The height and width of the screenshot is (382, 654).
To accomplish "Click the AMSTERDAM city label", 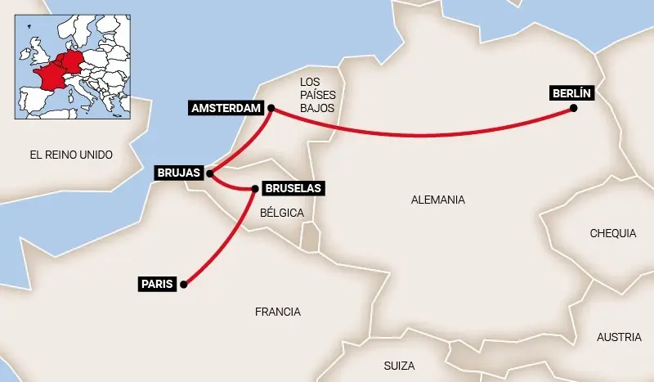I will tap(225, 108).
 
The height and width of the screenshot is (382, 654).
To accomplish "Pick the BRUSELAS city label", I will tap(293, 188).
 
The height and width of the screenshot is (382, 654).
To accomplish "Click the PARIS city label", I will tap(157, 285).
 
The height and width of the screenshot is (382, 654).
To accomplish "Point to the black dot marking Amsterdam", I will tap(271, 108).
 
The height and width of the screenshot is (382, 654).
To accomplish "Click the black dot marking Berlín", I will tap(574, 108).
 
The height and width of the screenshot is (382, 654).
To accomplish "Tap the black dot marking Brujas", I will tap(210, 173).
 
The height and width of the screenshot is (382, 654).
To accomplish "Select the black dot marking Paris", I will tap(184, 285).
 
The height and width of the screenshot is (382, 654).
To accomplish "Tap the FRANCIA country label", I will tap(278, 312).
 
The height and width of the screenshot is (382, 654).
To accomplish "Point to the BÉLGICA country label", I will tap(281, 213).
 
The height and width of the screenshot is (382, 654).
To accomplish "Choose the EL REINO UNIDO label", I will tap(70, 155).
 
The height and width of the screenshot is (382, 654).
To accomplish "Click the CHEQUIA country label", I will tap(613, 233).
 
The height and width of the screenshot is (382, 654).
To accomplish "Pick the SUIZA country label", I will tap(399, 366).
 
